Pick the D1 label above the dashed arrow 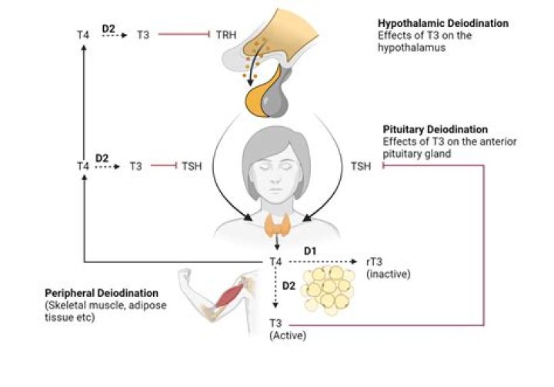coord(309,251)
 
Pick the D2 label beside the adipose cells coord(288,286)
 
